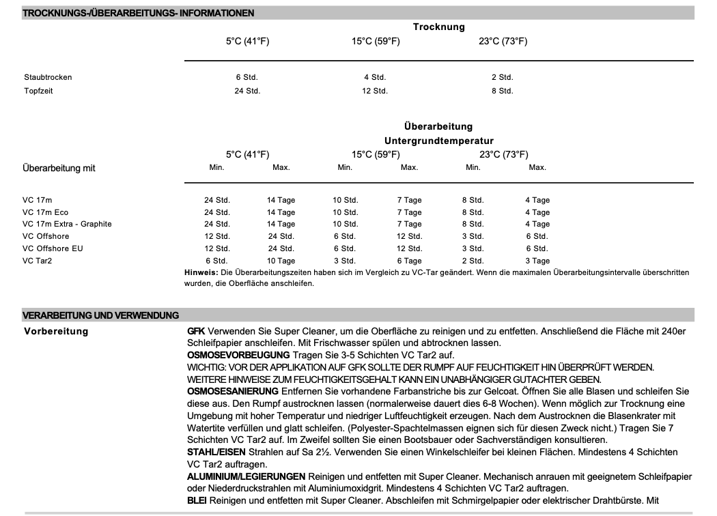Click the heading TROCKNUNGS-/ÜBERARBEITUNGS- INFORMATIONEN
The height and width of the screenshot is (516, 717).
(139, 13)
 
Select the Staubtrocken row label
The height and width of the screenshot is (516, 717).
(48, 77)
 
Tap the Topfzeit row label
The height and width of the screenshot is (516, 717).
(38, 91)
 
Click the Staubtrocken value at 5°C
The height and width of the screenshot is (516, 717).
(247, 77)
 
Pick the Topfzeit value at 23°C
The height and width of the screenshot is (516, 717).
(502, 91)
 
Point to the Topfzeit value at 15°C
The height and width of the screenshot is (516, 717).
(375, 91)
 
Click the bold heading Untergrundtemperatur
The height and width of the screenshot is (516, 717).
(438, 141)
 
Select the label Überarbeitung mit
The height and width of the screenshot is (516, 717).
(59, 168)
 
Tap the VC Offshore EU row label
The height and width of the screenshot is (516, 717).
(53, 248)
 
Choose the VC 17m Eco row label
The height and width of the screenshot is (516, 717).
(46, 212)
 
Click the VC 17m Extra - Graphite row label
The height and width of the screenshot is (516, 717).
(67, 224)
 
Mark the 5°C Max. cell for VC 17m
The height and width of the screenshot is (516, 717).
(281, 200)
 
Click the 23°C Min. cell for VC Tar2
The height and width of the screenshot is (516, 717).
(473, 261)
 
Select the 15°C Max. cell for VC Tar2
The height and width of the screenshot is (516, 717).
(409, 261)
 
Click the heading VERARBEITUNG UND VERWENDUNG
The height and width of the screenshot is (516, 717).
(101, 315)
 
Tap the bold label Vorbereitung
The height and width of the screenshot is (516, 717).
(56, 332)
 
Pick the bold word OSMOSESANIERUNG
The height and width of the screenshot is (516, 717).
(233, 391)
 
